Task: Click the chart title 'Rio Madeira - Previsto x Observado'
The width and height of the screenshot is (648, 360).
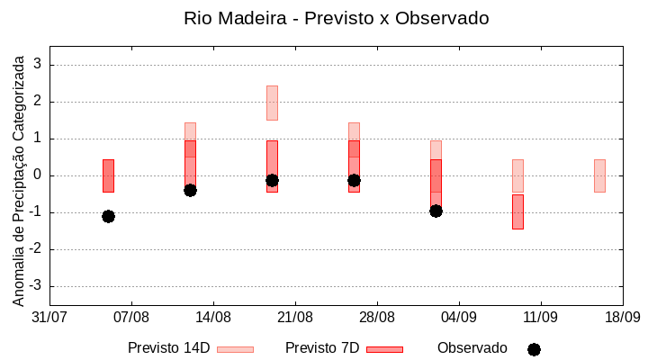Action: pyautogui.click(x=336, y=18)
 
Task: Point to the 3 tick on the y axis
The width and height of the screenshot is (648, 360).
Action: pyautogui.click(x=37, y=65)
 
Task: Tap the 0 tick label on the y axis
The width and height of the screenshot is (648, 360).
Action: pyautogui.click(x=37, y=175)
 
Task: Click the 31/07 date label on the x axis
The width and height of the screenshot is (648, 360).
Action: pyautogui.click(x=49, y=318)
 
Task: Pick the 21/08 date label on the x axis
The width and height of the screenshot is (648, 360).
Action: pyautogui.click(x=295, y=318)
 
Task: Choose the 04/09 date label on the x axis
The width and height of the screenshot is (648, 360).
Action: pyautogui.click(x=459, y=318)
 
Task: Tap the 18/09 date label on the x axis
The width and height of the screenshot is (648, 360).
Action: pyautogui.click(x=622, y=318)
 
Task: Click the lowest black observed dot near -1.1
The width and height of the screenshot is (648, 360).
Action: pyautogui.click(x=108, y=216)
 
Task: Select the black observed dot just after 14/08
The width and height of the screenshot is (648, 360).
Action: pyautogui.click(x=190, y=190)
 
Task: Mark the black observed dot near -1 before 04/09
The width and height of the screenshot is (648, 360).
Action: pyautogui.click(x=436, y=211)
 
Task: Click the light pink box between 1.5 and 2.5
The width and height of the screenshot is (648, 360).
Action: pyautogui.click(x=272, y=103)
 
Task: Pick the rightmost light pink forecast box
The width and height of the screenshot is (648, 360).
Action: pyautogui.click(x=599, y=175)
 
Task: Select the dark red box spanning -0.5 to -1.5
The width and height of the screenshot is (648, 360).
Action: pyautogui.click(x=517, y=211)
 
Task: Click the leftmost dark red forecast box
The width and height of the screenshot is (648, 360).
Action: pyautogui.click(x=108, y=175)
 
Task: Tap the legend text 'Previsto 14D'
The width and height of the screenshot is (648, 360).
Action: pyautogui.click(x=168, y=348)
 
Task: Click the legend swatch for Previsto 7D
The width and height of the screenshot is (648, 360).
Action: pyautogui.click(x=384, y=349)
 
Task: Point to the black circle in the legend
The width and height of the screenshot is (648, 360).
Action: pyautogui.click(x=534, y=349)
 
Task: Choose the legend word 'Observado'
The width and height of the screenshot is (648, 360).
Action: pyautogui.click(x=472, y=348)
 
